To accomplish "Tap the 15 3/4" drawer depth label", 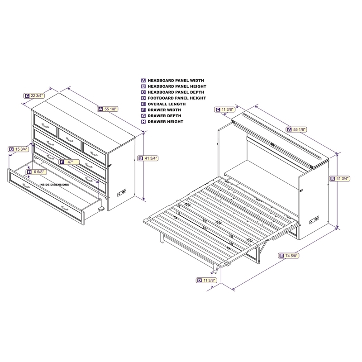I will pyautogui.click(x=19, y=149).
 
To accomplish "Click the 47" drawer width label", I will pyautogui.click(x=67, y=162).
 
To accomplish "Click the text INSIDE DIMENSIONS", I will pyautogui.click(x=54, y=185).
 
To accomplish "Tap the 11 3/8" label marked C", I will pyautogui.click(x=225, y=109).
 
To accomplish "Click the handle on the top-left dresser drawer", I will pyautogui.click(x=45, y=125).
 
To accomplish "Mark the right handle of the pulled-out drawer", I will pyautogui.click(x=66, y=208).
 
